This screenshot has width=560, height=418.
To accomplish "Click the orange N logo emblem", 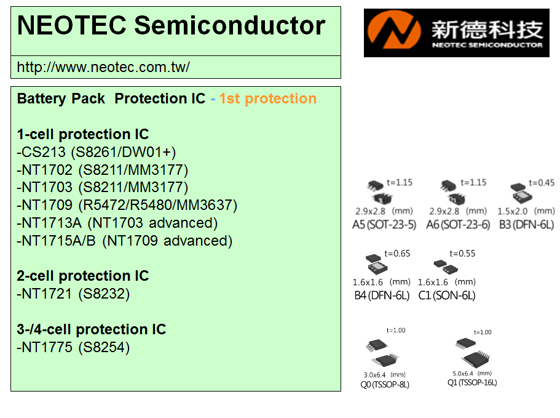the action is pos(394,30).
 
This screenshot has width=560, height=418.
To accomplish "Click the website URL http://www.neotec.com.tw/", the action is pos(103,67).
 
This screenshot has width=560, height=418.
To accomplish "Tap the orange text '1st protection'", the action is pos(268,98).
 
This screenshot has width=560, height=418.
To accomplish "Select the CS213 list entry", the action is pos(97,152).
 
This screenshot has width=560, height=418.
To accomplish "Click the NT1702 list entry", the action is pos(103,170).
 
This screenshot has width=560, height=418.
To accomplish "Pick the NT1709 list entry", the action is pos(127,205).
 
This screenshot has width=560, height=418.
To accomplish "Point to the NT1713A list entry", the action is pos(117,223).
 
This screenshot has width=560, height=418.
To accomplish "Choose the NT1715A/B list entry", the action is pos(125,241).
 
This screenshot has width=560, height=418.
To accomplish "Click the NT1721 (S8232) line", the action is pos(73,294).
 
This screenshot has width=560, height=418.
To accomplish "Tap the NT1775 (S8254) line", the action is pos(73,347).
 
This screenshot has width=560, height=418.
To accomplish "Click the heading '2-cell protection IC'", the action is pos(83,276).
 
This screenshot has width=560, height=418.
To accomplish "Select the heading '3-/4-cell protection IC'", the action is pos(92,329).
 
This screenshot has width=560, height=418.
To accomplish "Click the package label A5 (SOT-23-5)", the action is pos(384,225).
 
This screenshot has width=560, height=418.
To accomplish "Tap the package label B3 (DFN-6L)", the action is pos(527,225).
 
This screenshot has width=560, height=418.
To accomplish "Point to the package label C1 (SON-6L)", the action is pos(447,295).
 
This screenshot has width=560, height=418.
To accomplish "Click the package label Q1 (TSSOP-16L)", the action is pos(472,382).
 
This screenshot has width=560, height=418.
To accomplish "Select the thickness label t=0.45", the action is pos(542,183).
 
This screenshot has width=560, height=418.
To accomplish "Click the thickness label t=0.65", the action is pos(397,254).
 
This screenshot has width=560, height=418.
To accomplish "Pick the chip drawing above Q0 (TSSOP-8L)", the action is pos(382,353).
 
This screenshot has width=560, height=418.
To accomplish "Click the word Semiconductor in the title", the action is pos(230,25).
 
